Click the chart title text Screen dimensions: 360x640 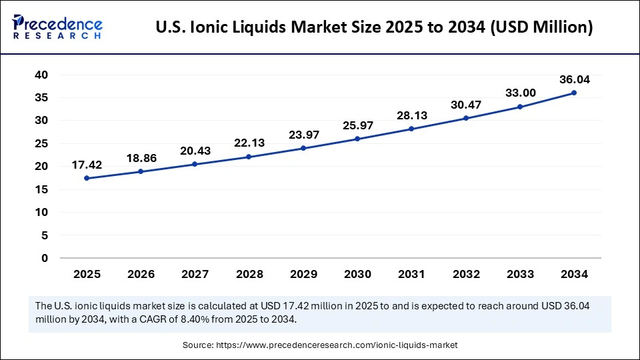tap(374, 28)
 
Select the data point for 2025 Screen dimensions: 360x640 tap(87, 178)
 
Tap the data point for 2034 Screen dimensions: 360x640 tap(573, 93)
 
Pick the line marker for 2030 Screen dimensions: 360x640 tap(357, 139)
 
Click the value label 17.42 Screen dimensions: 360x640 tap(87, 165)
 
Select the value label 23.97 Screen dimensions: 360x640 tap(303, 135)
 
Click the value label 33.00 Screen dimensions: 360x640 tap(519, 93)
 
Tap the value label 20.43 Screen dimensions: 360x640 tap(195, 151)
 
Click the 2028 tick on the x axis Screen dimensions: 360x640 tap(249, 274)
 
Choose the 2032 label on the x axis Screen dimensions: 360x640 tap(465, 274)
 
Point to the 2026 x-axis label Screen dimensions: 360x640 tap(141, 274)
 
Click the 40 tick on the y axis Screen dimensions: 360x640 tap(41, 75)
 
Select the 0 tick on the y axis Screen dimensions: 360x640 tap(45, 258)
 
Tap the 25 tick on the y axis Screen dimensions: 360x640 tap(41, 143)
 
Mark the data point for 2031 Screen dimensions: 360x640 tap(411, 129)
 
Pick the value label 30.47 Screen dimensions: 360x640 tap(465, 105)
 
